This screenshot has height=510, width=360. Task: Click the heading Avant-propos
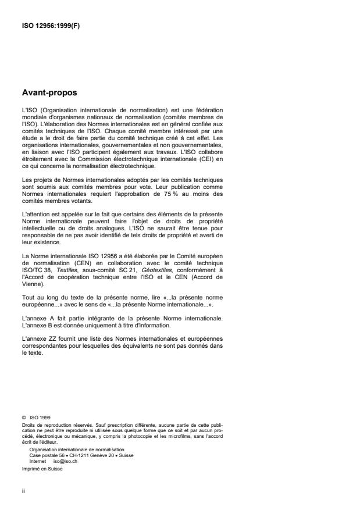coord(49,92)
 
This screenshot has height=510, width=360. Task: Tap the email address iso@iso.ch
coord(66,461)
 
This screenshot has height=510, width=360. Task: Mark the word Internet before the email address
coord(38,461)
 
